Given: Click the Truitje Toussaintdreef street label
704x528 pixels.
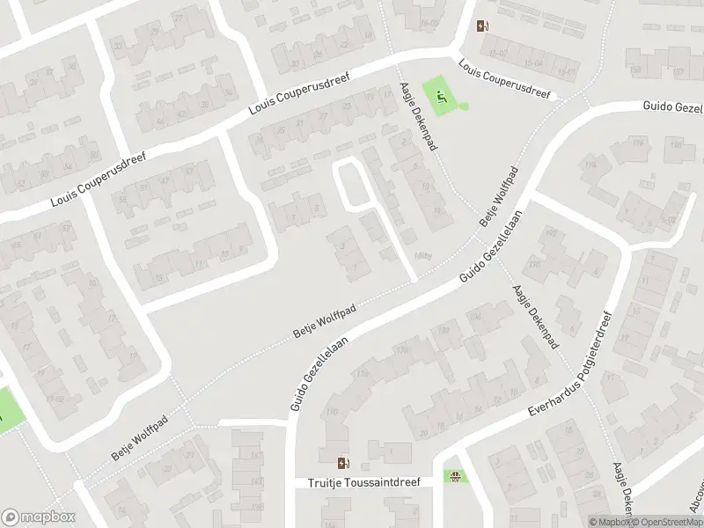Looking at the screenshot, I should (x=364, y=482).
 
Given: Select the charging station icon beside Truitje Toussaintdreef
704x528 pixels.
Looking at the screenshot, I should (x=343, y=463).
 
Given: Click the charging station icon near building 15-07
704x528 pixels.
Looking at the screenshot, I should (x=481, y=26).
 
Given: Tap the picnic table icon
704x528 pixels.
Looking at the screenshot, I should (x=455, y=478).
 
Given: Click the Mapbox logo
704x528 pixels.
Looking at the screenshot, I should (x=38, y=517).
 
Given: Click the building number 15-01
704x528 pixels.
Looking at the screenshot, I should (x=532, y=63).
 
